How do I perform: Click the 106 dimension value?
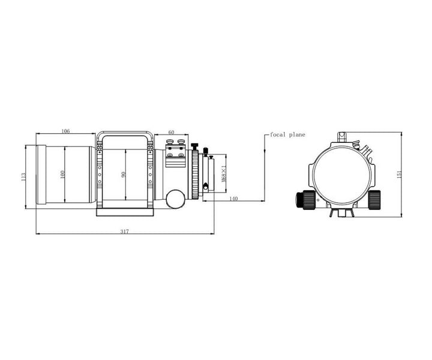point(65,131)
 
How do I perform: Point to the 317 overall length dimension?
point(124,231)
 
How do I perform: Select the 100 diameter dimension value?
point(62,174)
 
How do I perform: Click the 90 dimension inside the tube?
point(123,175)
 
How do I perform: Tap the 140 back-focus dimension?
point(234,199)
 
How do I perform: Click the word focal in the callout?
point(280,135)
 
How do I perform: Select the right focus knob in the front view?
point(374,199)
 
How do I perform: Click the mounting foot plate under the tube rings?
point(126,212)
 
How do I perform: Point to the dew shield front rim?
point(41,175)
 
